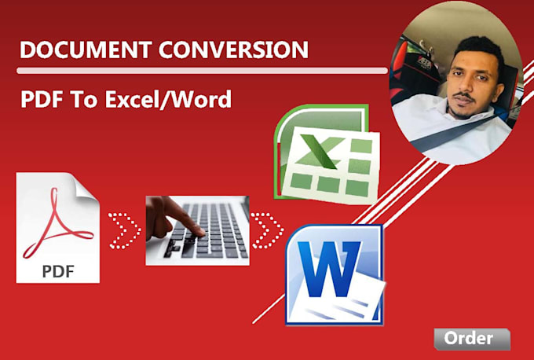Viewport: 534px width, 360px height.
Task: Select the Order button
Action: pyautogui.click(x=469, y=339)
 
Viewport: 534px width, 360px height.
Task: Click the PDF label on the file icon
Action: pyautogui.click(x=58, y=272)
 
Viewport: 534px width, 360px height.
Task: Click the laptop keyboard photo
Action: pyautogui.click(x=197, y=230)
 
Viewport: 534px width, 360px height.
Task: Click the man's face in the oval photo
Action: pyautogui.click(x=469, y=79)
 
